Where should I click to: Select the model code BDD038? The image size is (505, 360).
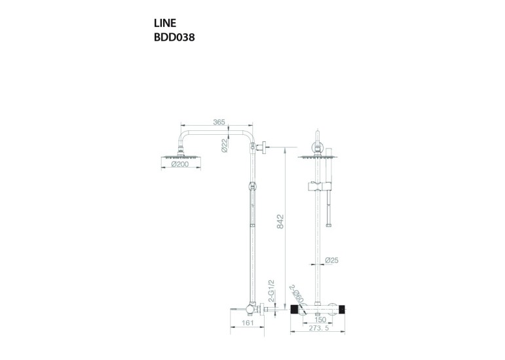174,37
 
